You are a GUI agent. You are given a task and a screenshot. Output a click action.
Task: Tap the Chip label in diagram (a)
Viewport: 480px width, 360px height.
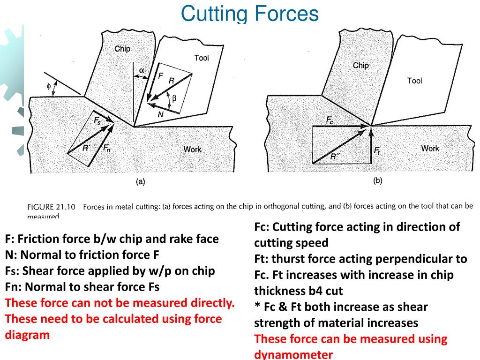122,49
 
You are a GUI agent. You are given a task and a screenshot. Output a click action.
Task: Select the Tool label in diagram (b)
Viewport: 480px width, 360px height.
414,81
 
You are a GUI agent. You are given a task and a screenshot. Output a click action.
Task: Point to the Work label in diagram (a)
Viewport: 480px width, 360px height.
192,150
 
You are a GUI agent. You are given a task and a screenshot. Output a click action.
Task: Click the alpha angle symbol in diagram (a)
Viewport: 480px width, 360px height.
142,70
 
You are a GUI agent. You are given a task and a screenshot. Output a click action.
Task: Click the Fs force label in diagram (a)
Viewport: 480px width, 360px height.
97,120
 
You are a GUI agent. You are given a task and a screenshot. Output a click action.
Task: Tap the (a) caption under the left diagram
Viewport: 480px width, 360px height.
140,182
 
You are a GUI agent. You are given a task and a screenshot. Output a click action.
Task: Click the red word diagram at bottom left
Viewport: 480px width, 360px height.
27,335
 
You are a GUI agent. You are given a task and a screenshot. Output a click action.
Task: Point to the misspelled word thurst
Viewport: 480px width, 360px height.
287,259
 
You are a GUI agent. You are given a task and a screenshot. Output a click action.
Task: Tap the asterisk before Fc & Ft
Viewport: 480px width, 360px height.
257,307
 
